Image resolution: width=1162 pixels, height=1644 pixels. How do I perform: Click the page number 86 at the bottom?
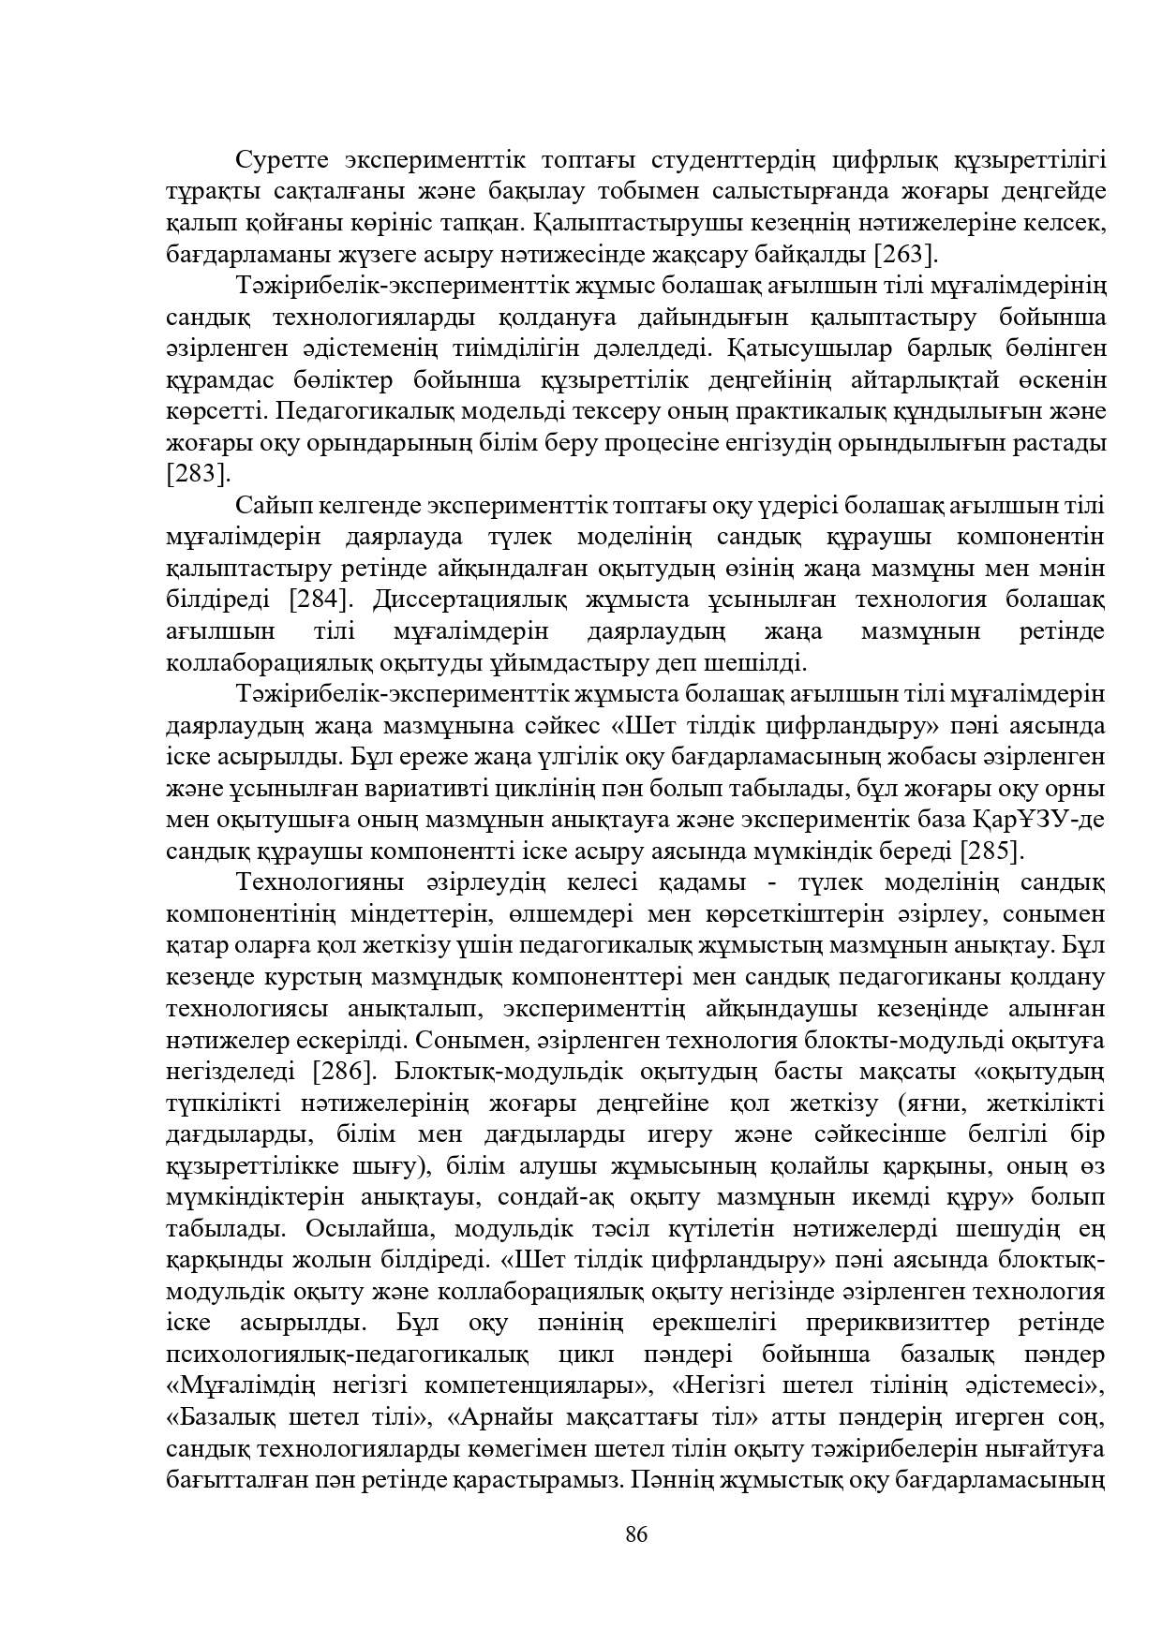(636, 1533)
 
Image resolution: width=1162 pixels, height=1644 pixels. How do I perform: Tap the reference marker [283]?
(197, 474)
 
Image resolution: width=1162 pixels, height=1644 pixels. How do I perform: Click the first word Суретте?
(281, 160)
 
